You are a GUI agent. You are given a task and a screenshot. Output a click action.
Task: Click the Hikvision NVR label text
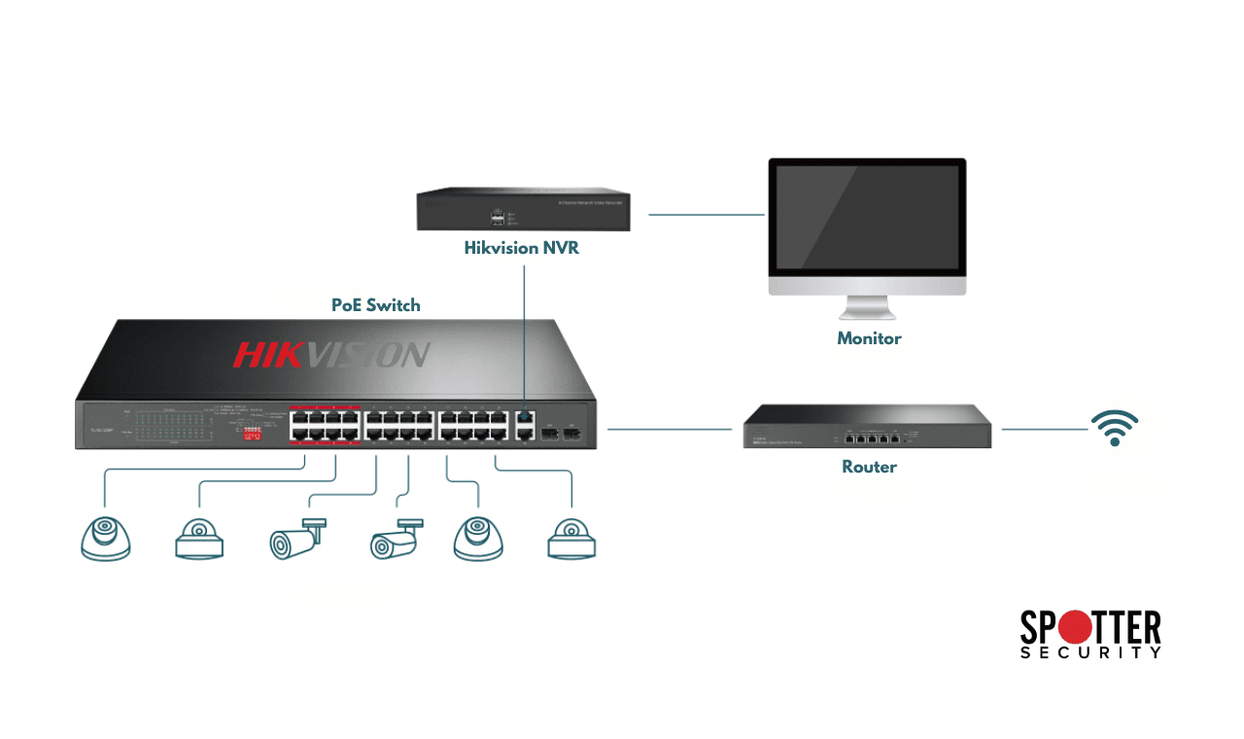521,248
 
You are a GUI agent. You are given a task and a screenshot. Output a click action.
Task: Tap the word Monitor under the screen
869,338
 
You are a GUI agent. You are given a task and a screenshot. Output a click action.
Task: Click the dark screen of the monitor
867,218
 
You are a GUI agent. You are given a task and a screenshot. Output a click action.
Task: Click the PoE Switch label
375,304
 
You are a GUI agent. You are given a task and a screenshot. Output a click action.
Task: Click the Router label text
869,467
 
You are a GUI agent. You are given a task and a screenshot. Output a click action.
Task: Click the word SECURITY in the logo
1090,653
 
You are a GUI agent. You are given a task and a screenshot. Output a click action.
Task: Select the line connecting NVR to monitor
707,214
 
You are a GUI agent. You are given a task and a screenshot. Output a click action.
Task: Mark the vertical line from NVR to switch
525,331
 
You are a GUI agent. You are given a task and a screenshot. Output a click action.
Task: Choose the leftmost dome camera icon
105,538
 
